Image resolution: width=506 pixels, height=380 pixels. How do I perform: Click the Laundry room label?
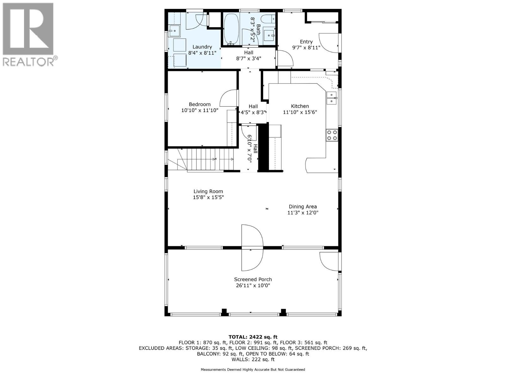202,47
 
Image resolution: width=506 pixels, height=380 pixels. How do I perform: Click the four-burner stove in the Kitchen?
332,135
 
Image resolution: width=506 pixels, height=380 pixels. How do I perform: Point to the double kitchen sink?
331,98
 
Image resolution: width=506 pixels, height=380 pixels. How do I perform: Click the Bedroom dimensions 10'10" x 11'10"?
200,111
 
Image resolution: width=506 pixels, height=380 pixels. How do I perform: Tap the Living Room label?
208,191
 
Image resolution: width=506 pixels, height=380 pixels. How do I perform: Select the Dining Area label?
303,206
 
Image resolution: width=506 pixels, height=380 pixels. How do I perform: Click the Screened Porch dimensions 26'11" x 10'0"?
253,285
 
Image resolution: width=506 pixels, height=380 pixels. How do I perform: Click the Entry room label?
306,41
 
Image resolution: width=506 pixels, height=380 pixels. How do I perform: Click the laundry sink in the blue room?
174,31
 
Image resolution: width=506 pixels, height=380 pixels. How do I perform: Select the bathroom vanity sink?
269,35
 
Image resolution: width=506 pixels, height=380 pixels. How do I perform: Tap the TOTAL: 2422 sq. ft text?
253,337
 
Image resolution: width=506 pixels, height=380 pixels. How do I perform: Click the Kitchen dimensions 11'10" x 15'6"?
300,112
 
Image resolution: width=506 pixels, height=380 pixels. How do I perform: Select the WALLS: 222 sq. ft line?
253,359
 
